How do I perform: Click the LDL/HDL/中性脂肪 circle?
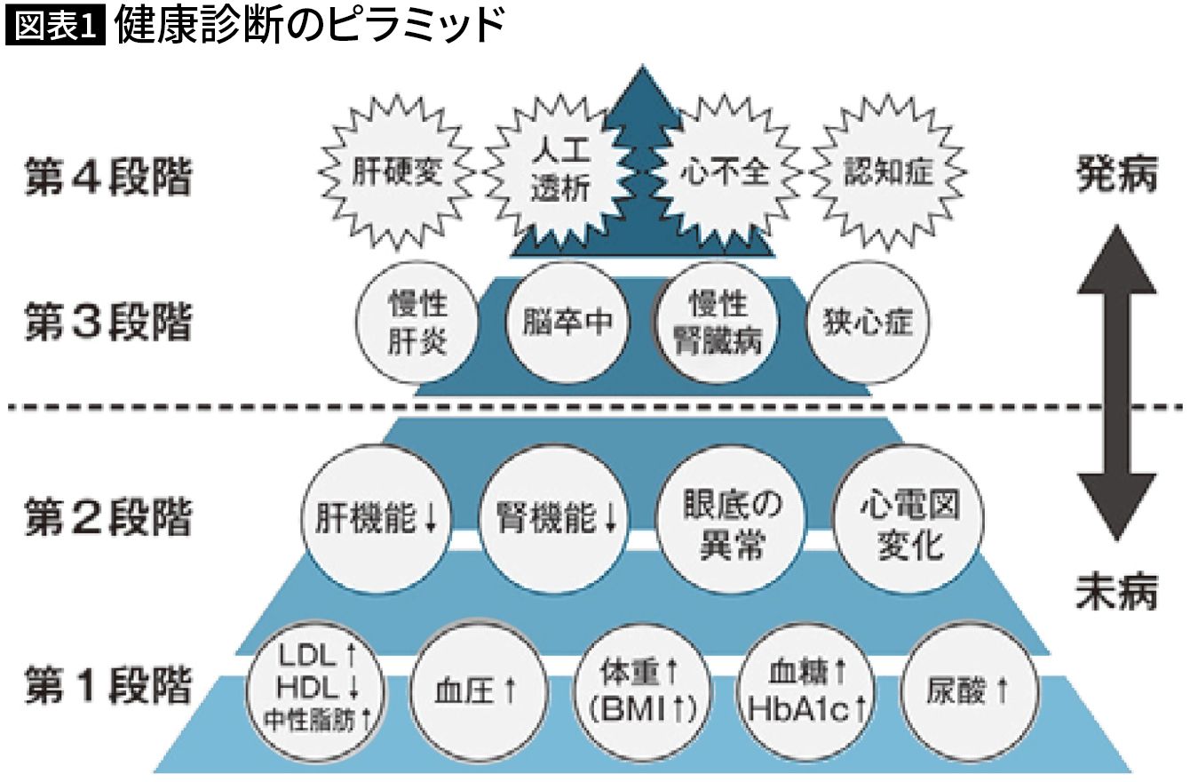point(318,689)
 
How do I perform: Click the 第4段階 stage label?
point(107,180)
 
